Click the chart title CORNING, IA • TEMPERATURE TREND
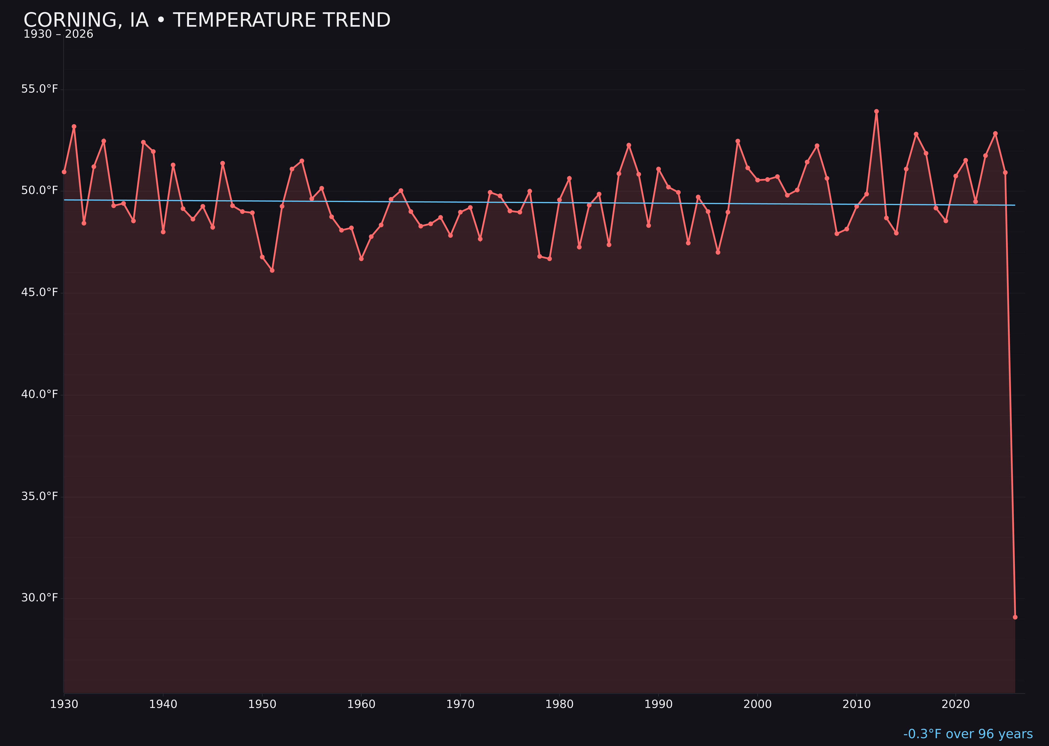tap(207, 20)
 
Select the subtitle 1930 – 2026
tap(58, 34)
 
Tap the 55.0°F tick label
tap(40, 89)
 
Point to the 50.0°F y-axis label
tap(40, 190)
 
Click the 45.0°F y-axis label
tap(40, 292)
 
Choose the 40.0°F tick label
tap(40, 394)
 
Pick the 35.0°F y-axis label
tap(40, 496)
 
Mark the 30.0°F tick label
tap(40, 598)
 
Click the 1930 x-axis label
tap(64, 704)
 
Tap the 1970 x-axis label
tap(460, 704)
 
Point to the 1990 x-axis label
tap(658, 704)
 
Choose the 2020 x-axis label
tap(955, 704)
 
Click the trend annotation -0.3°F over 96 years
tap(968, 734)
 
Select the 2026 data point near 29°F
tap(1015, 617)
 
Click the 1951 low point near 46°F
tap(272, 270)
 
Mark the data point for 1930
tap(64, 172)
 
